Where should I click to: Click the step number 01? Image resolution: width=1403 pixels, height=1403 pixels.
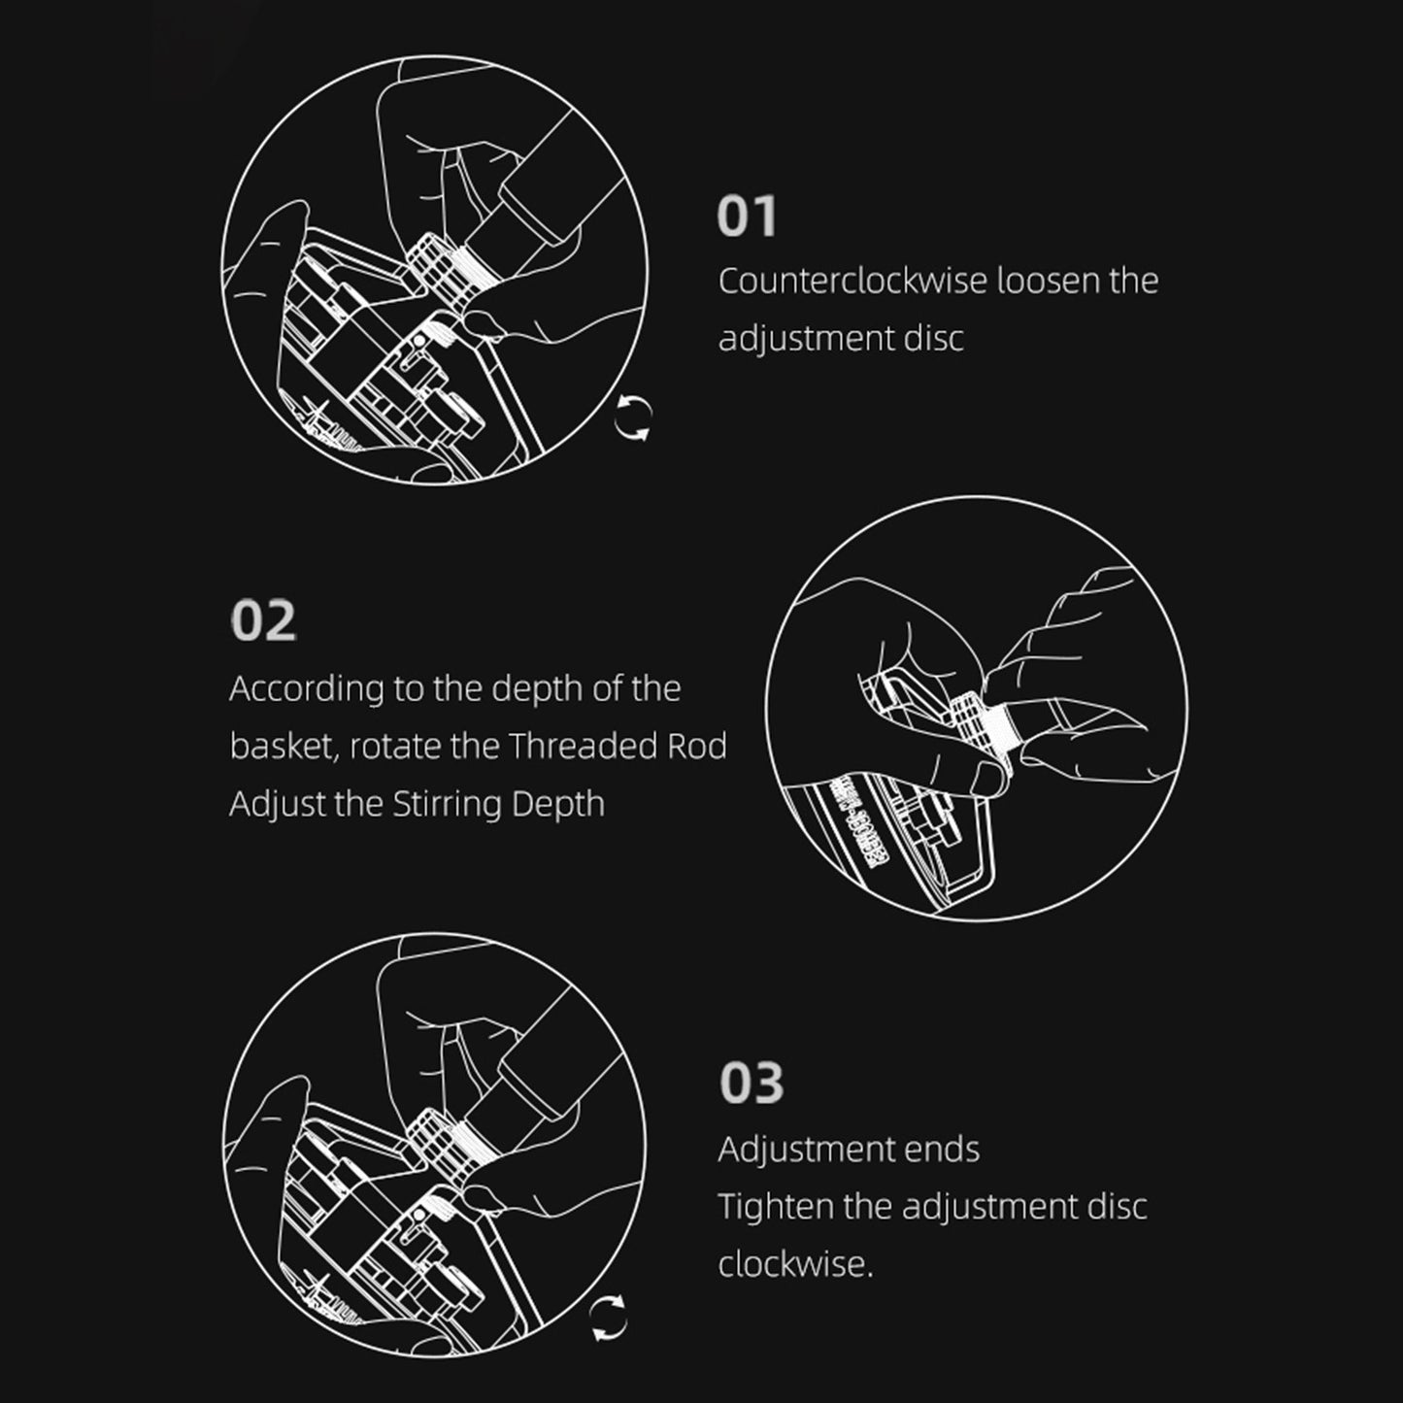(x=747, y=216)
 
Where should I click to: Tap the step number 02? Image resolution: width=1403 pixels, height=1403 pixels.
(x=263, y=620)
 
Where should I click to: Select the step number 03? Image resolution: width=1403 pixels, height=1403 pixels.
(x=752, y=1084)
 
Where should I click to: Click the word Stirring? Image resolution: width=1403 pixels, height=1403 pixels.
(x=447, y=805)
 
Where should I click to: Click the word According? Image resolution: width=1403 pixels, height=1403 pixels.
(x=307, y=689)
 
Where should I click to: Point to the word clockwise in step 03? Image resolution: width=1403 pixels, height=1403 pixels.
(x=794, y=1264)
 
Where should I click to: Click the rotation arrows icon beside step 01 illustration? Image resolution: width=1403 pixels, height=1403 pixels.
(x=633, y=418)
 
